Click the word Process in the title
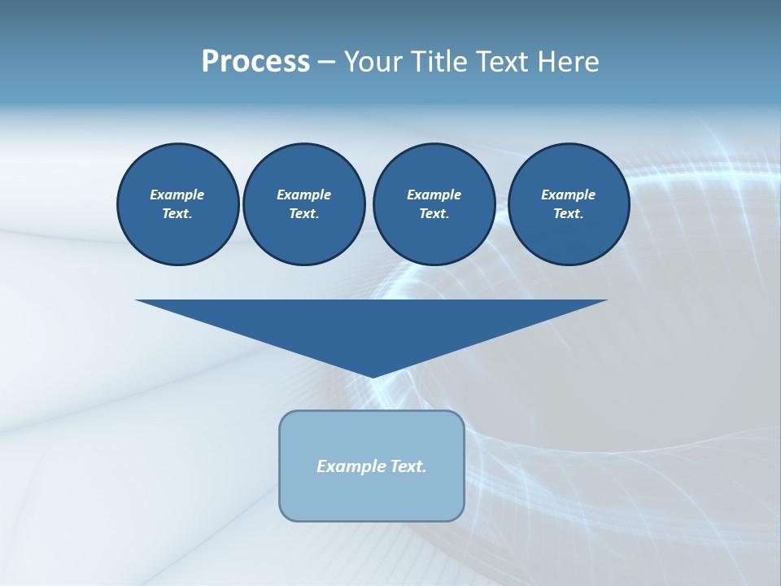[255, 61]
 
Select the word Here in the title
[569, 61]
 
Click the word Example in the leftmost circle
[177, 195]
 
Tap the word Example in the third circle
[434, 195]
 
